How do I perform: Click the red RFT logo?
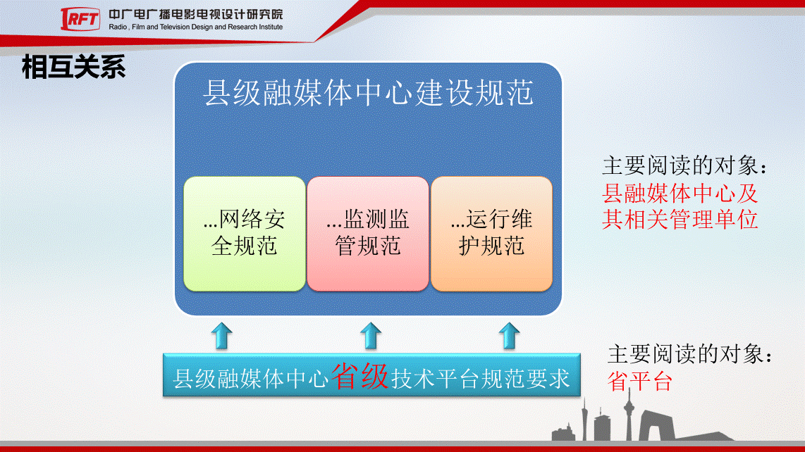click(x=80, y=20)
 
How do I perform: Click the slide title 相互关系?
click(x=73, y=67)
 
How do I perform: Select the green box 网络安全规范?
click(x=245, y=234)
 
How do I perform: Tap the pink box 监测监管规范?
click(x=367, y=234)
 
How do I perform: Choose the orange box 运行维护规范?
click(x=491, y=234)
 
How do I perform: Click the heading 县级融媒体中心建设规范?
click(x=368, y=93)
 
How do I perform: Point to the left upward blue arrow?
click(x=222, y=336)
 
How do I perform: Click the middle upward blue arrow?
click(x=371, y=336)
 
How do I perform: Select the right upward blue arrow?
click(x=509, y=336)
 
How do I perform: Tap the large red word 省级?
click(x=360, y=377)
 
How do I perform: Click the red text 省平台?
click(x=639, y=382)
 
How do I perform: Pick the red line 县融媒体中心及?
click(x=680, y=194)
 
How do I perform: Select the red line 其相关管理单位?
click(x=680, y=220)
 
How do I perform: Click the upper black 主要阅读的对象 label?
click(x=685, y=165)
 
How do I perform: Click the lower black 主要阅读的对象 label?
click(x=691, y=355)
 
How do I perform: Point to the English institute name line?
click(x=195, y=27)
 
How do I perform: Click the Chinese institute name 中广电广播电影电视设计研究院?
click(x=195, y=14)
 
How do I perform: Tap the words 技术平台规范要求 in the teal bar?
click(x=481, y=379)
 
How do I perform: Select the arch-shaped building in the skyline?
click(x=657, y=425)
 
